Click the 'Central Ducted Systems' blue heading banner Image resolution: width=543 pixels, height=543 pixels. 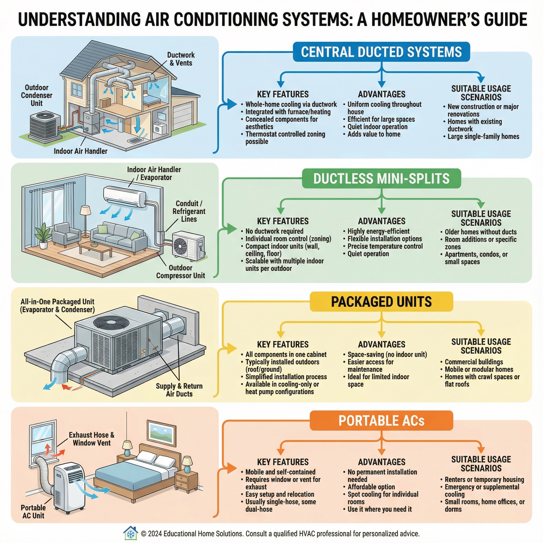click(x=381, y=52)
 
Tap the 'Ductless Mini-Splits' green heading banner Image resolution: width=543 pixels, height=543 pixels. click(x=381, y=178)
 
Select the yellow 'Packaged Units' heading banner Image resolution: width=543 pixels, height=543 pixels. click(x=381, y=301)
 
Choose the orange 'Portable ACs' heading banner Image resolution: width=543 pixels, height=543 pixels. click(x=381, y=421)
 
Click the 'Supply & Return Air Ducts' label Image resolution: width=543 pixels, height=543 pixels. click(x=179, y=390)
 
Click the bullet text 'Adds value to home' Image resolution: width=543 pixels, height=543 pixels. click(x=374, y=134)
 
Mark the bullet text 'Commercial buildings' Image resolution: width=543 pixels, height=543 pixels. click(x=474, y=362)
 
